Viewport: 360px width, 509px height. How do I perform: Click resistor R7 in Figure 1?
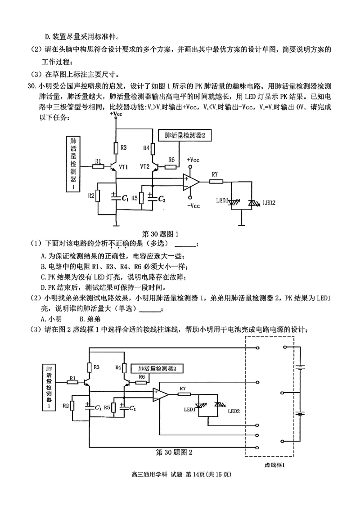[216, 182]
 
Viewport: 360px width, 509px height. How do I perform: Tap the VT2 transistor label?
[144, 166]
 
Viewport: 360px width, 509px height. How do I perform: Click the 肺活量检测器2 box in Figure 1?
[184, 135]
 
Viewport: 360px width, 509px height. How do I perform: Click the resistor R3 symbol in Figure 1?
[116, 147]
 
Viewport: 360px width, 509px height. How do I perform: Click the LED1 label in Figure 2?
[189, 410]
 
